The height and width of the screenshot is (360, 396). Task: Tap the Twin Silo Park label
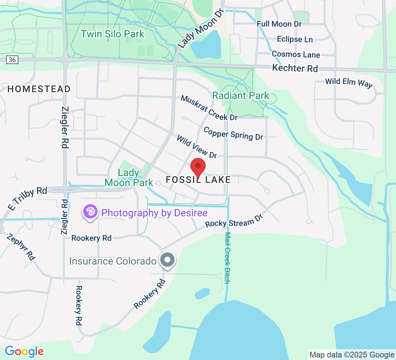(112, 34)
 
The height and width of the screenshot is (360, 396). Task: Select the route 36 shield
(12, 59)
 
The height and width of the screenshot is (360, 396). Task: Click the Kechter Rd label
(295, 68)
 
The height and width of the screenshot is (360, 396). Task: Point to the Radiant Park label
(240, 95)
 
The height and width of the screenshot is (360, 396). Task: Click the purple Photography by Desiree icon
(90, 211)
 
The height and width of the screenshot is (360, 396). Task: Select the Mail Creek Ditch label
(227, 258)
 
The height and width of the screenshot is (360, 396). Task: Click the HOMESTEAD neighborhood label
(39, 89)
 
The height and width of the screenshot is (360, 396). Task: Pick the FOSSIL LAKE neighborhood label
(198, 180)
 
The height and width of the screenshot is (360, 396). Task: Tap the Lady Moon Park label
(129, 178)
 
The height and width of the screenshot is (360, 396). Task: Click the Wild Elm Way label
(349, 82)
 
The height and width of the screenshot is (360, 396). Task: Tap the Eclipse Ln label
(294, 39)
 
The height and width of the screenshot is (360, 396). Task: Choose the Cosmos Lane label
(296, 54)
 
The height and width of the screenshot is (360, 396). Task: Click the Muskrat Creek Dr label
(209, 108)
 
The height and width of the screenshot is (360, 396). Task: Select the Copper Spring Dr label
(233, 133)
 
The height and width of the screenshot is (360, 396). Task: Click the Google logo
(24, 351)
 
